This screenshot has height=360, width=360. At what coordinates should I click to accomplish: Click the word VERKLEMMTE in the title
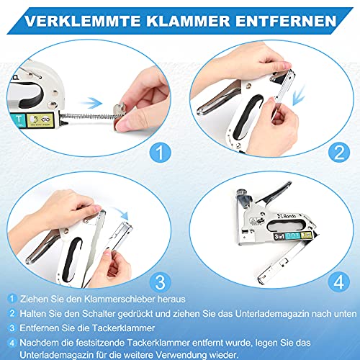tap(83, 21)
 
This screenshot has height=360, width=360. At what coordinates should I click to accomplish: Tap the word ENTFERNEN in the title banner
tap(286, 21)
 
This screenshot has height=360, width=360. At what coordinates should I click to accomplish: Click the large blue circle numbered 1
tap(160, 152)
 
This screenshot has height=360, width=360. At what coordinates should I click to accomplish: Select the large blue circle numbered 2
tap(339, 152)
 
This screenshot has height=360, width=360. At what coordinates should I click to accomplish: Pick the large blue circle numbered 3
tap(160, 282)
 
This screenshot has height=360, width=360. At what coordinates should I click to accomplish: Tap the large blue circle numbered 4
tap(339, 282)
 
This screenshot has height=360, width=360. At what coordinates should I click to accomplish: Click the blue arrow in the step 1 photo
tap(91, 103)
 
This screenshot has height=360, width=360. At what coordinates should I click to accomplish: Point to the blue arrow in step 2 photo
tap(299, 95)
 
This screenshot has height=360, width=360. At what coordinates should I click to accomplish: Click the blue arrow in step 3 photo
tap(121, 214)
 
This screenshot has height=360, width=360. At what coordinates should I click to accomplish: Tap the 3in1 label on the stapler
tap(279, 236)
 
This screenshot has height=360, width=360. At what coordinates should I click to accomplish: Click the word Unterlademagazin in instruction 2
tap(272, 314)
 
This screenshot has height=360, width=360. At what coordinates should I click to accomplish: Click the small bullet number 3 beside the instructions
tap(12, 328)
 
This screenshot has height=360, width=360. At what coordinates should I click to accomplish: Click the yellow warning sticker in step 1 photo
tap(40, 120)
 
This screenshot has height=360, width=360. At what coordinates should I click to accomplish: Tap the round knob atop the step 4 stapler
tap(241, 193)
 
